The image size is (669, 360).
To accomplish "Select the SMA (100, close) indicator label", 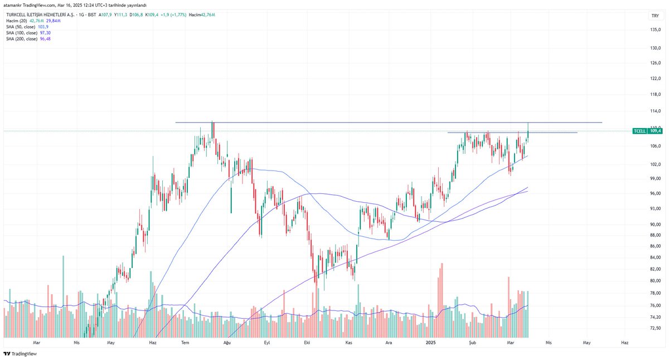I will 22,33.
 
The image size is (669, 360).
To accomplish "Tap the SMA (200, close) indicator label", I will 22,39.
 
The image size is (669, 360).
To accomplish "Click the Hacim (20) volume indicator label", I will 14,21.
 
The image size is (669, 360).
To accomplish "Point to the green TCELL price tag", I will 647,131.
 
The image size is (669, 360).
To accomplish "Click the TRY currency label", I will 655,16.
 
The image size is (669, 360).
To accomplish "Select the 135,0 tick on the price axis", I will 655,30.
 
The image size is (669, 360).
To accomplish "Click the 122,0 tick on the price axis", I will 655,79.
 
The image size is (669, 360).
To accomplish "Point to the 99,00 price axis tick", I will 655,178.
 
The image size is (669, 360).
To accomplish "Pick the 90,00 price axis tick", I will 655,224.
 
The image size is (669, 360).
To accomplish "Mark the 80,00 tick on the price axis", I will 655,280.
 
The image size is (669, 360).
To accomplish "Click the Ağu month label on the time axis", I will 227,344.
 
